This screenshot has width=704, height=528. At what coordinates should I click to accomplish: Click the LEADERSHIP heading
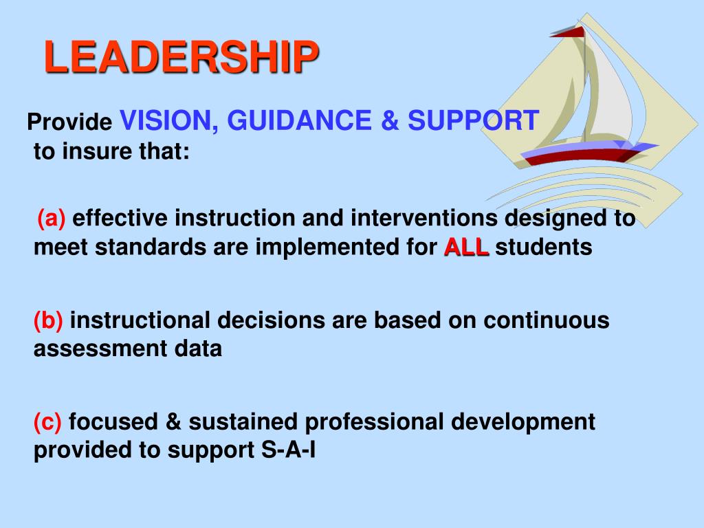pyautogui.click(x=181, y=56)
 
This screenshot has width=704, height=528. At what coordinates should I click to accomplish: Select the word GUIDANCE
pyautogui.click(x=300, y=120)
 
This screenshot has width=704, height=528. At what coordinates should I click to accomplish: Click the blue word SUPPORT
pyautogui.click(x=473, y=120)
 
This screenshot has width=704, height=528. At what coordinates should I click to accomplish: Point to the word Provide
pyautogui.click(x=69, y=122)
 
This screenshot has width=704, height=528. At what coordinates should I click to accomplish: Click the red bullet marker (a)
pyautogui.click(x=51, y=218)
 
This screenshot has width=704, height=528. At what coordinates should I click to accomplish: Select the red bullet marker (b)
pyautogui.click(x=48, y=320)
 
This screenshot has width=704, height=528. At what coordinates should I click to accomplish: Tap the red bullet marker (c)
pyautogui.click(x=47, y=422)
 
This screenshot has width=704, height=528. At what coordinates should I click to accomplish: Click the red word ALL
pyautogui.click(x=467, y=247)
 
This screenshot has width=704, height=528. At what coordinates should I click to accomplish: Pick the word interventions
pyautogui.click(x=423, y=218)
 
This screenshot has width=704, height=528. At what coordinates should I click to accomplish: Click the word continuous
pyautogui.click(x=547, y=320)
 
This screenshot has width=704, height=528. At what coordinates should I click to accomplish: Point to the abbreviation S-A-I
pyautogui.click(x=288, y=450)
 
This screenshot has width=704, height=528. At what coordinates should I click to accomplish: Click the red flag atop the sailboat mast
pyautogui.click(x=568, y=31)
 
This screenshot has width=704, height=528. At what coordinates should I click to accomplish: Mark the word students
pyautogui.click(x=544, y=247)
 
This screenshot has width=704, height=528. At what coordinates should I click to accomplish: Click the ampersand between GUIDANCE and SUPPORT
pyautogui.click(x=390, y=121)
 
